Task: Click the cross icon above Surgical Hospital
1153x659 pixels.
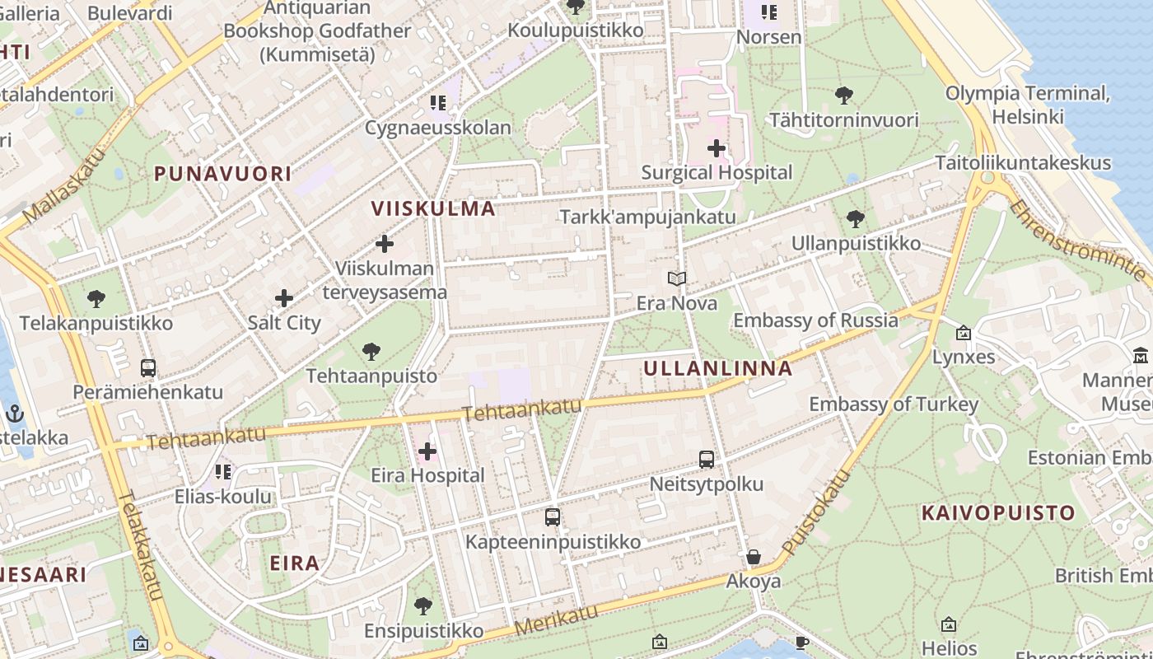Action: pyautogui.click(x=717, y=148)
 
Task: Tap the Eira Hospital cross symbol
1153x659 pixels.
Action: pyautogui.click(x=427, y=451)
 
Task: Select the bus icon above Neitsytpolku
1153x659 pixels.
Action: pyautogui.click(x=707, y=460)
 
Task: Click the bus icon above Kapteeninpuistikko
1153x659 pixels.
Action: pyautogui.click(x=553, y=517)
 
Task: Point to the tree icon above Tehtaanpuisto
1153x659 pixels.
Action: pyautogui.click(x=371, y=352)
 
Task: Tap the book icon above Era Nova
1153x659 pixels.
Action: pyautogui.click(x=677, y=279)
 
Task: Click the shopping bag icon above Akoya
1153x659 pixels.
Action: pyautogui.click(x=753, y=558)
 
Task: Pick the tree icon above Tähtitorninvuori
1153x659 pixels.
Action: pyautogui.click(x=843, y=96)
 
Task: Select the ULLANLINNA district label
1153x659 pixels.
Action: pyautogui.click(x=717, y=368)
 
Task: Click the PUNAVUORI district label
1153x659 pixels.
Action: pyautogui.click(x=222, y=174)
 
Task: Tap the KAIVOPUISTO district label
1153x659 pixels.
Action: pyautogui.click(x=998, y=513)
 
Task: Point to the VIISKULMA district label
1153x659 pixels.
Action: pyautogui.click(x=433, y=208)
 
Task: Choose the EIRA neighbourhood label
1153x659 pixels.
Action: pyautogui.click(x=294, y=563)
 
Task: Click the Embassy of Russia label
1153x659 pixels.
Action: pyautogui.click(x=815, y=320)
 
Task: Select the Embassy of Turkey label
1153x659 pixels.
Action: pyautogui.click(x=894, y=404)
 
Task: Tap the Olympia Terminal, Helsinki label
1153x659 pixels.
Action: pyautogui.click(x=1028, y=105)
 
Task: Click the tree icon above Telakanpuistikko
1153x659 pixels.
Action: pyautogui.click(x=96, y=298)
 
